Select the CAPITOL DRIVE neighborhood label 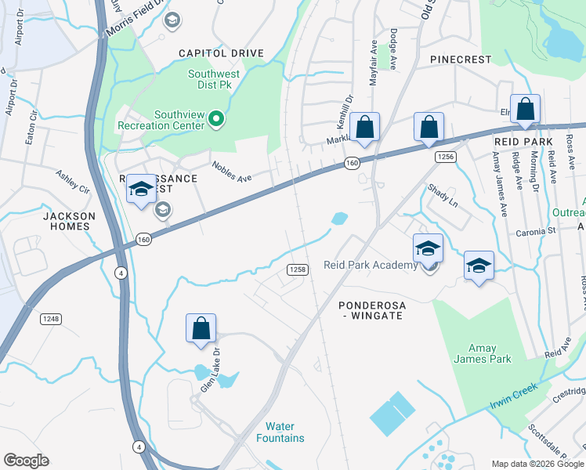(221, 53)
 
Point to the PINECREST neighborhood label (460, 60)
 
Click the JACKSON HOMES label (69, 221)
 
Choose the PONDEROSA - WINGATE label (371, 309)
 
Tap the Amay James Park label (482, 354)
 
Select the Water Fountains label (280, 432)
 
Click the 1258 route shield (297, 269)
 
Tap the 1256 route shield (446, 157)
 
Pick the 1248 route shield (52, 319)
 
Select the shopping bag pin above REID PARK (525, 109)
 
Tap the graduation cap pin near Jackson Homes (141, 189)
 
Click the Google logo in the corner (26, 461)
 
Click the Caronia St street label (534, 232)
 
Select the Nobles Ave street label (232, 172)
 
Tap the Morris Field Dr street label (134, 11)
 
